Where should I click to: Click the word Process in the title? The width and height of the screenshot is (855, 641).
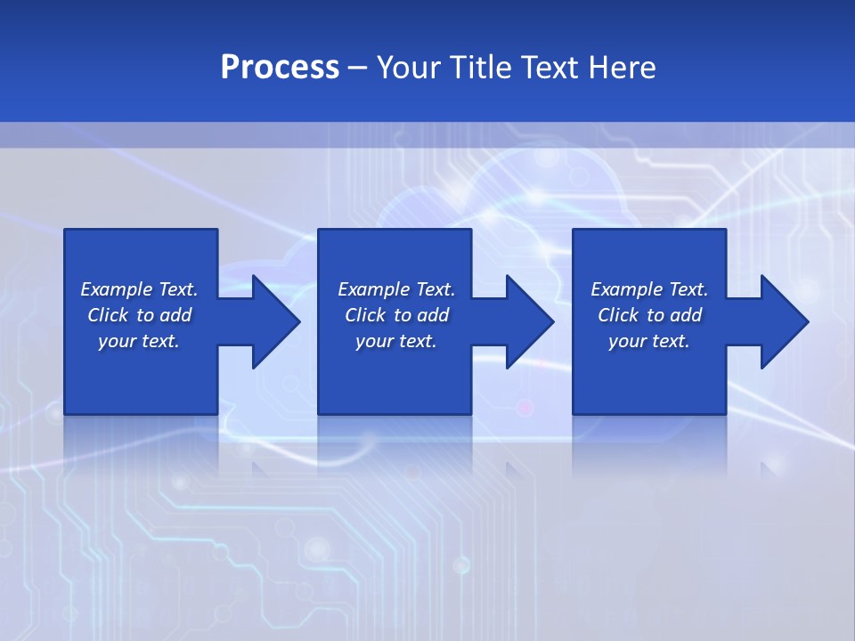[280, 68]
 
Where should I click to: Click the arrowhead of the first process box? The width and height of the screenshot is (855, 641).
[276, 321]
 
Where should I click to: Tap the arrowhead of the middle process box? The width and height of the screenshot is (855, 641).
[530, 321]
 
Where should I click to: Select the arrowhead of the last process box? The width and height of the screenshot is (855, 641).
[785, 321]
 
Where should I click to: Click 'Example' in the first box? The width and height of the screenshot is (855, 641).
[117, 289]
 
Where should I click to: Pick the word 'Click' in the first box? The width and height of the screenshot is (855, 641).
[108, 315]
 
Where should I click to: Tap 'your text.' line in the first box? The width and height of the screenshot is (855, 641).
[139, 341]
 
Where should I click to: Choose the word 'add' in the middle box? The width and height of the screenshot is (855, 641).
[433, 315]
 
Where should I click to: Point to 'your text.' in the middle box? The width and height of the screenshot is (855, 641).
[396, 341]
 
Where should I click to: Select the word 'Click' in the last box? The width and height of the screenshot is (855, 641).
[618, 315]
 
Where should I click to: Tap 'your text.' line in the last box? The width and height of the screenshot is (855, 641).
[649, 341]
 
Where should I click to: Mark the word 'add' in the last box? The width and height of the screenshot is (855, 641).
[686, 315]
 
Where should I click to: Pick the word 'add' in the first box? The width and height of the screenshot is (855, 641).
[175, 315]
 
